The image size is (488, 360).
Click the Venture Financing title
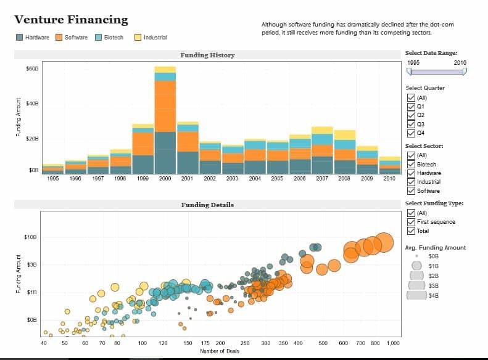[71, 20]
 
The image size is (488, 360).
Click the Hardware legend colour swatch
[20, 38]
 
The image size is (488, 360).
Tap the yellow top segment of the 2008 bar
[344, 135]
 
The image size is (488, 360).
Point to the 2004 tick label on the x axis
[255, 178]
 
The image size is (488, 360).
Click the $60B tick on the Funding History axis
[32, 69]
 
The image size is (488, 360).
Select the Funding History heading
[207, 55]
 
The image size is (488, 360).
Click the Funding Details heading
[207, 205]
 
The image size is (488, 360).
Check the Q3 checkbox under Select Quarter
[411, 124]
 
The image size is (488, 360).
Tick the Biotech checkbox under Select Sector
[411, 165]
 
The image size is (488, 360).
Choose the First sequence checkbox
[411, 222]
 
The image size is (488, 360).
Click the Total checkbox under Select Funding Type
[411, 231]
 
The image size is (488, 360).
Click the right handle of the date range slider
[465, 71]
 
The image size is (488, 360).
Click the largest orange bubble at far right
[384, 242]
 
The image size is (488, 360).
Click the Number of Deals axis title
[220, 351]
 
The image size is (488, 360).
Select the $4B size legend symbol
[416, 295]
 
